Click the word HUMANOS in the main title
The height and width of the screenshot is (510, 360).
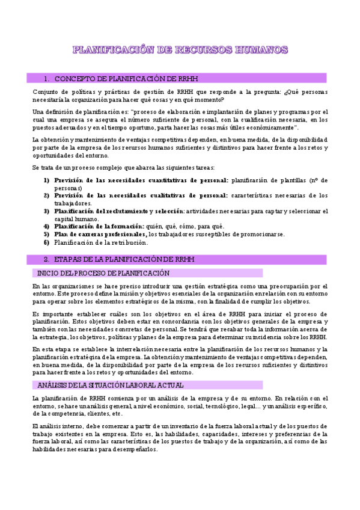click(x=260, y=49)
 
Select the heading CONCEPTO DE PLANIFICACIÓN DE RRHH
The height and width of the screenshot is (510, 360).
click(x=126, y=79)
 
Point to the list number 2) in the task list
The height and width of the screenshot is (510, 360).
click(x=46, y=195)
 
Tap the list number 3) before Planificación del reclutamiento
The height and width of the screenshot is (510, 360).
click(x=46, y=211)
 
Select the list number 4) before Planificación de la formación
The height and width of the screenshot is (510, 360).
click(x=46, y=227)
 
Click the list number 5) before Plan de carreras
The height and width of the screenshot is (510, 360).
click(x=46, y=235)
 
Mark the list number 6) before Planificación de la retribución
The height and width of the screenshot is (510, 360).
click(x=46, y=242)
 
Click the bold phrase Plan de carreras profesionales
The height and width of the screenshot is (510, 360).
click(x=100, y=235)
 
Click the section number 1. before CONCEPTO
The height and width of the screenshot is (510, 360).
click(x=47, y=79)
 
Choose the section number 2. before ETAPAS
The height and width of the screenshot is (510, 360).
click(x=47, y=259)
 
